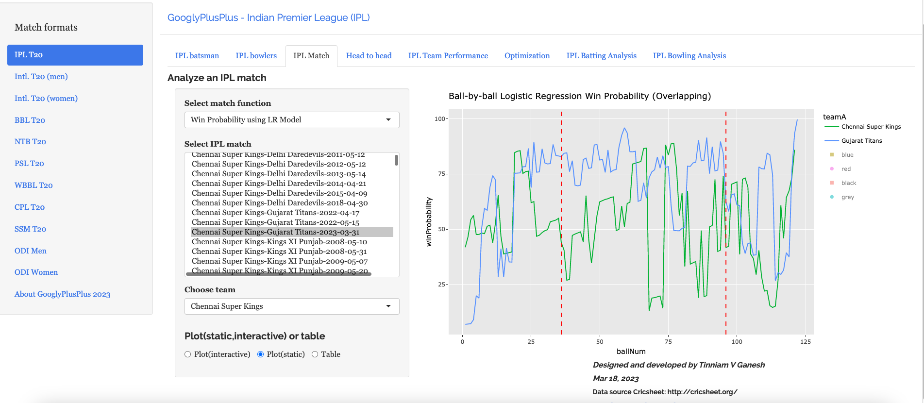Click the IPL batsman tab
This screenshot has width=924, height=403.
197,56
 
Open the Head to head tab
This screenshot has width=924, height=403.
369,56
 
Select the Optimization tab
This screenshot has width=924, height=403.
527,56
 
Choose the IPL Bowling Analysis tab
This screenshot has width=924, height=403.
689,56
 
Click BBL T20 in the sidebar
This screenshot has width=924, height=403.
30,120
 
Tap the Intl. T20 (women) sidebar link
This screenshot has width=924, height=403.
46,98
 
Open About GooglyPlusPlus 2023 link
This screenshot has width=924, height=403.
62,294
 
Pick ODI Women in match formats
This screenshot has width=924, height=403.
36,272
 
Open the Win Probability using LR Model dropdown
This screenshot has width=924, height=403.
291,120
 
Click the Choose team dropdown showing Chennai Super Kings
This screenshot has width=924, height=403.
291,306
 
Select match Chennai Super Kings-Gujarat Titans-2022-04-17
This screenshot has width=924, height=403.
275,213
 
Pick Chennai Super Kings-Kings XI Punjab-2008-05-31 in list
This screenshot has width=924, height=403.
279,252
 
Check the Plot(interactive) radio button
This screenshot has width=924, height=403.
188,354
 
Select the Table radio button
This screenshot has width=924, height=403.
315,354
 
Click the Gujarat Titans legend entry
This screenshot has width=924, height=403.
861,141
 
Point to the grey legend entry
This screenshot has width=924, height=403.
847,197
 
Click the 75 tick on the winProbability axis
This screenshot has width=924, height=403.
441,174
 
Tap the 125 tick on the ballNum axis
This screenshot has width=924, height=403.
805,342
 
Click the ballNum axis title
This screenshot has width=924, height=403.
631,352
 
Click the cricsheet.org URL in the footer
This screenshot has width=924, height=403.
702,392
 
